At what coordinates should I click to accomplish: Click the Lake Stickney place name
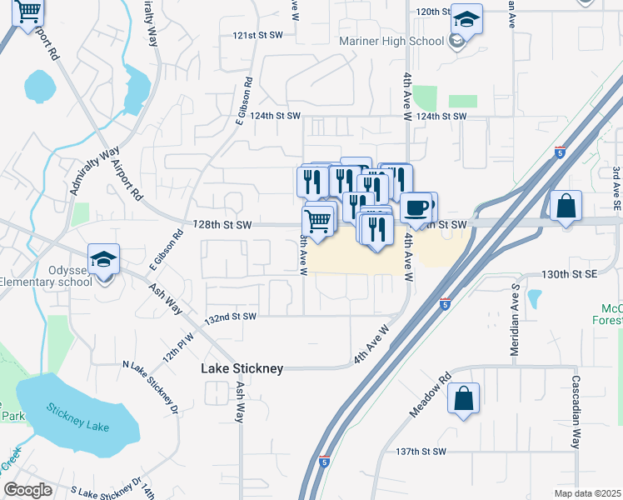(242, 368)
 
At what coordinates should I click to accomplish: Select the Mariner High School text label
(391, 41)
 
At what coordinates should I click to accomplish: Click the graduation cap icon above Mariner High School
(466, 21)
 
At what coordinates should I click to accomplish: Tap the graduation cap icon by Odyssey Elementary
(104, 259)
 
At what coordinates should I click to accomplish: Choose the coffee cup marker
(416, 208)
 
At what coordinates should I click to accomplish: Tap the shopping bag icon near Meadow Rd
(464, 399)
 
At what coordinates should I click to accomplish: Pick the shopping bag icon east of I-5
(566, 206)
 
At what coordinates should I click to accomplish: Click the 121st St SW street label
(254, 37)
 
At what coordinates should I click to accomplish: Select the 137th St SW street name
(421, 451)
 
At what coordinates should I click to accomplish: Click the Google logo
(28, 490)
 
